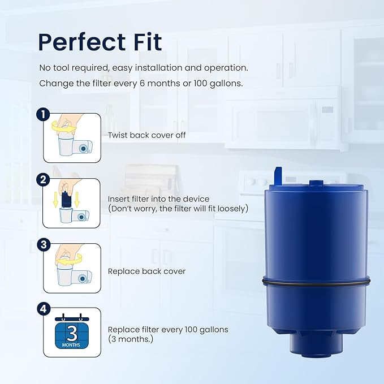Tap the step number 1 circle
[x=43, y=115]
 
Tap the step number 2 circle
[x=43, y=180]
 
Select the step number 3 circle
[x=43, y=245]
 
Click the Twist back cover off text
[x=147, y=136]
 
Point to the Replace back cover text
[x=147, y=271]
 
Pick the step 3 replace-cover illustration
[x=72, y=269]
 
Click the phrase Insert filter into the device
[x=159, y=199]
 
